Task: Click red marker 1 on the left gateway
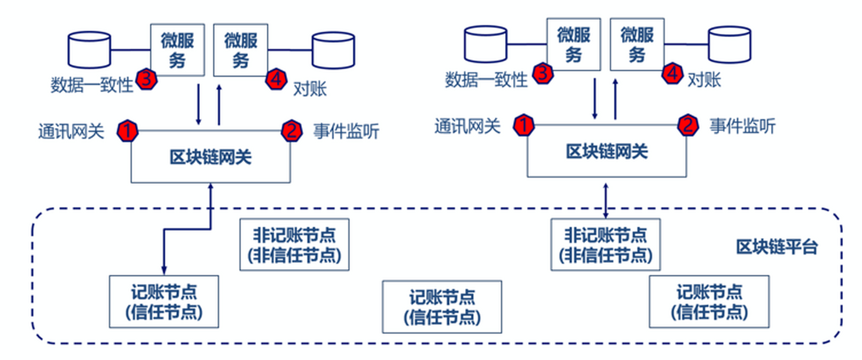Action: (127, 131)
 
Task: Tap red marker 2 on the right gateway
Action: (688, 125)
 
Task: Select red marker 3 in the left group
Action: (146, 79)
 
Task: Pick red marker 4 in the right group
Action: (672, 74)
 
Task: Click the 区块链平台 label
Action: (777, 247)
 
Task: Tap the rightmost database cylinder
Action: (730, 44)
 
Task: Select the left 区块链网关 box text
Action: (210, 157)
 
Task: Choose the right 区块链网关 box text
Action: (606, 152)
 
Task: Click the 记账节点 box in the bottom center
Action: (442, 307)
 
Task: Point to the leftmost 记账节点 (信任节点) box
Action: (164, 301)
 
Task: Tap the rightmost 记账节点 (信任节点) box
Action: (709, 301)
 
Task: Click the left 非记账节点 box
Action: (294, 245)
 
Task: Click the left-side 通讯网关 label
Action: (71, 131)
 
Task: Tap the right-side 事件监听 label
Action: (742, 126)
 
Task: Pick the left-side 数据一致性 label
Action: (92, 85)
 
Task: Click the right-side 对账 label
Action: (704, 80)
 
